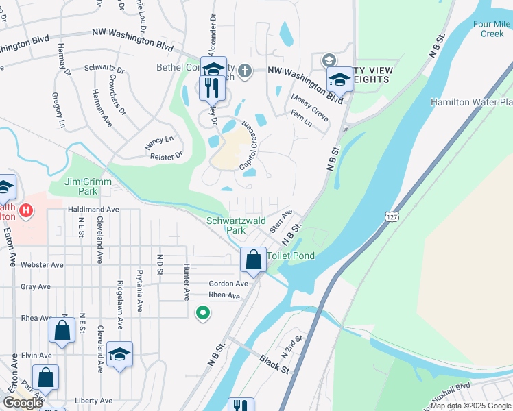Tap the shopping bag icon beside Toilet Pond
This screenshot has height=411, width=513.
(x=253, y=260)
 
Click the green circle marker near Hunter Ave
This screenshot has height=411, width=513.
(x=203, y=314)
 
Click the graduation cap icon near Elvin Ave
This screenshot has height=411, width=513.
(x=119, y=354)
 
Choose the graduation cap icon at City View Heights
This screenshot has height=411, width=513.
(x=339, y=79)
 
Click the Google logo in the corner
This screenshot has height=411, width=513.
(x=23, y=403)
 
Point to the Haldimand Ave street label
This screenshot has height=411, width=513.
(x=93, y=209)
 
